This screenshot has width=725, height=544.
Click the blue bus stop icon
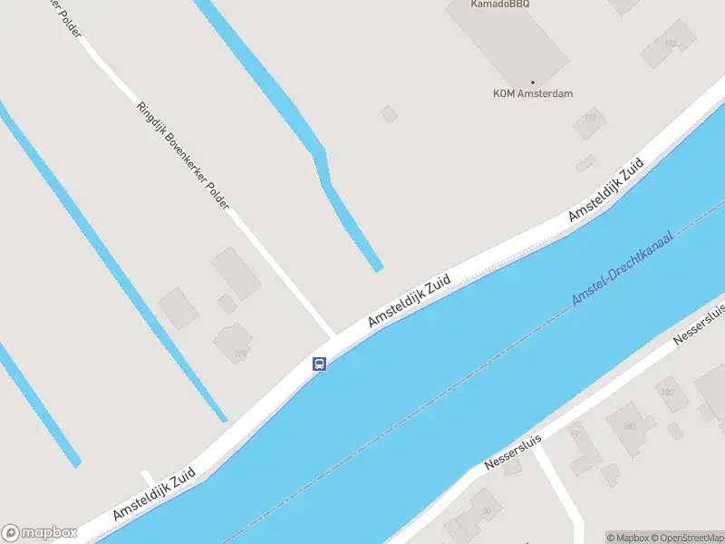[x=319, y=364]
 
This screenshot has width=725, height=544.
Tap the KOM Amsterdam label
[x=533, y=93]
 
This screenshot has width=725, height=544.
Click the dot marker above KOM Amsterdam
[x=533, y=82]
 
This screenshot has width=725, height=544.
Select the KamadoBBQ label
[x=499, y=5]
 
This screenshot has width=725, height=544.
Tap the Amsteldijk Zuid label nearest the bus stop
[x=410, y=302]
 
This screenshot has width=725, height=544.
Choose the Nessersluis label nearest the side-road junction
[x=513, y=451]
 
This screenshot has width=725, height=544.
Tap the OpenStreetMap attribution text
[x=686, y=538]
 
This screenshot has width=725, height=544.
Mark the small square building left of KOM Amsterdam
[x=389, y=113]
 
